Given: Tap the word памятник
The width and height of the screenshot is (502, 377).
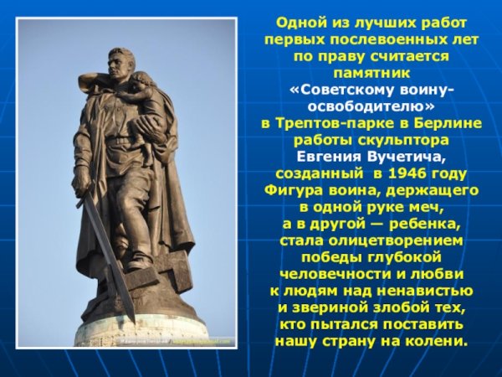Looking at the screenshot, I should point(372,73).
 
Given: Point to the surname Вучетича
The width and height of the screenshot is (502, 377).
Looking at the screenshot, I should point(407,157).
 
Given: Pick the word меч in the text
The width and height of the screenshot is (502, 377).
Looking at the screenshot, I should point(425,207).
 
